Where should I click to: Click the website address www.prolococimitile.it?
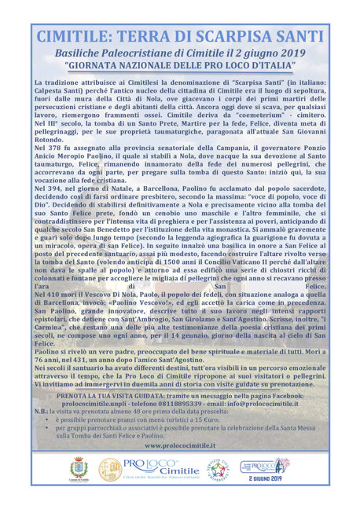click(x=180, y=445)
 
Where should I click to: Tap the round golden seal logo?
click(x=110, y=470)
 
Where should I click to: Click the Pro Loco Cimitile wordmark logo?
click(x=160, y=470)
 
